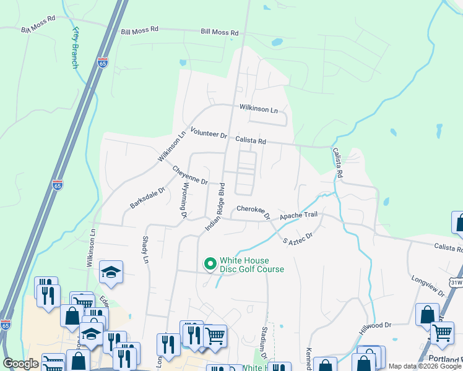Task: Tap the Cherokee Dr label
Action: pos(253,213)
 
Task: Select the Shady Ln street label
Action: pos(147,250)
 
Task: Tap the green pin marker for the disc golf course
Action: pos(210,264)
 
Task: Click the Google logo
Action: pos(21,364)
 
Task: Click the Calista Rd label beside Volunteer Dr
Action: pos(250,141)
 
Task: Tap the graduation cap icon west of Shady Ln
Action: pos(111,272)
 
